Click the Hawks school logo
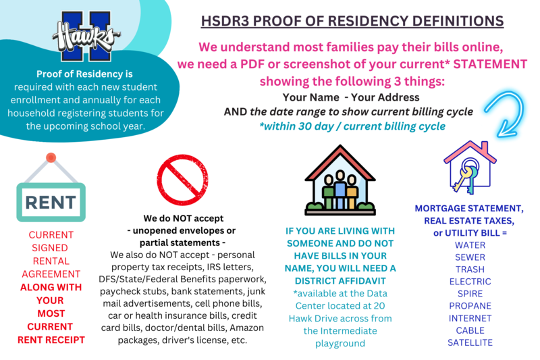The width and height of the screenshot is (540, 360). (x=86, y=36)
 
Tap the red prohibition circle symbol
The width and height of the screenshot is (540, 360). (x=182, y=180)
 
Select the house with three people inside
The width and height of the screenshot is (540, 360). (x=340, y=180)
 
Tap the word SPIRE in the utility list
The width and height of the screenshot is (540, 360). (x=470, y=294)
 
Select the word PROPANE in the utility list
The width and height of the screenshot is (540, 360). (x=470, y=306)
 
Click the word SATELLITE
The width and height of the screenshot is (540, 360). (x=470, y=342)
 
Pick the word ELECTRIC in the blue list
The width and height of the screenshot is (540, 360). (x=470, y=282)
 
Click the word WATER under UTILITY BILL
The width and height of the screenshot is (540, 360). (x=470, y=245)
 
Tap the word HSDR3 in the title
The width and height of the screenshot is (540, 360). (x=224, y=21)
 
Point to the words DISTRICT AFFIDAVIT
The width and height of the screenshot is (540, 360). (x=340, y=281)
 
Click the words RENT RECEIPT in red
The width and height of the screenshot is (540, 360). (x=51, y=340)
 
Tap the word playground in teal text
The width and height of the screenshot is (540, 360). (x=340, y=344)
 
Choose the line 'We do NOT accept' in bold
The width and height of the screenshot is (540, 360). (x=183, y=218)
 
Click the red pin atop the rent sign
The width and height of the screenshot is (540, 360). (x=51, y=158)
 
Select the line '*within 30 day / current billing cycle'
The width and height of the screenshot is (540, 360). (x=352, y=126)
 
